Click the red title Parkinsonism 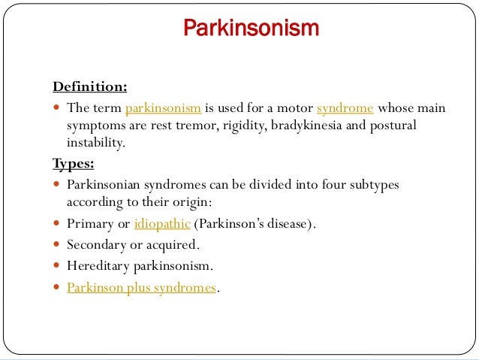tap(252, 29)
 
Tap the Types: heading tap(73, 163)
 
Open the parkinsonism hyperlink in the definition tap(163, 108)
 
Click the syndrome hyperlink tap(345, 108)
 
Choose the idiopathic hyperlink tap(161, 223)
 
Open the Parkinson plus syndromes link tap(141, 287)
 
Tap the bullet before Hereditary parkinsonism tap(58, 266)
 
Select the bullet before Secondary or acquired tap(58, 245)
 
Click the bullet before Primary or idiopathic tap(58, 224)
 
